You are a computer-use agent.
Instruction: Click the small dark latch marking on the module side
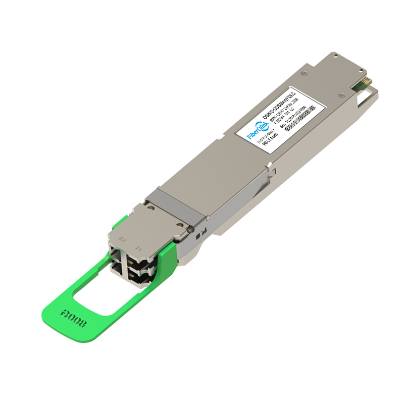pos(199,234)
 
